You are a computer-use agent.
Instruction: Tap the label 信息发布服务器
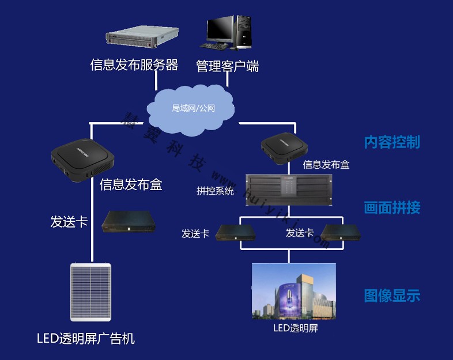[x=134, y=65]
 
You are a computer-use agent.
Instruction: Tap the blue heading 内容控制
[x=392, y=142]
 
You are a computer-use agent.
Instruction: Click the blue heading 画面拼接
[x=392, y=207]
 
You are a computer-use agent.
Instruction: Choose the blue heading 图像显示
[x=392, y=296]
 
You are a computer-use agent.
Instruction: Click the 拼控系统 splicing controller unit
[x=289, y=188]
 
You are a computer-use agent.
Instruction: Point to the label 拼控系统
[x=215, y=191]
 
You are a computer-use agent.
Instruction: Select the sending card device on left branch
[x=129, y=221]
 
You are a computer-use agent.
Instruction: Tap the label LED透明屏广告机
[x=86, y=338]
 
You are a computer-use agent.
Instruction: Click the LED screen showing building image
[x=293, y=291]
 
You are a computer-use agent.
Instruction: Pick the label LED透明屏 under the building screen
[x=295, y=329]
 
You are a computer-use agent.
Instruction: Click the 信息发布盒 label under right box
[x=326, y=165]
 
